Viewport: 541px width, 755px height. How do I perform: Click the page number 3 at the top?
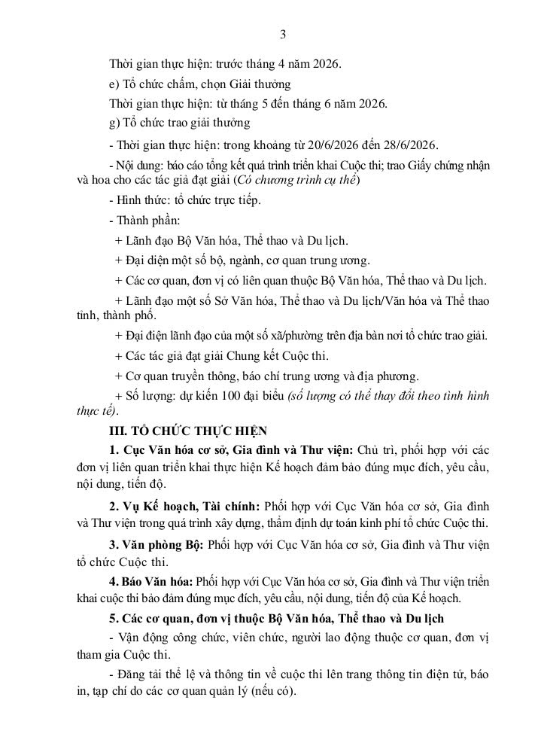click(283, 34)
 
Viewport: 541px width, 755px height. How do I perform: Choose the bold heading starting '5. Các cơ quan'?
click(276, 618)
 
